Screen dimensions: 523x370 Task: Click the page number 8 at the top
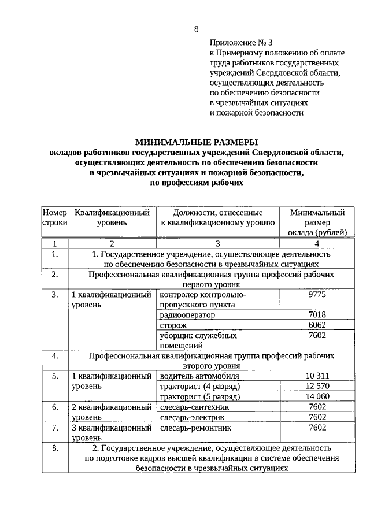point(196,29)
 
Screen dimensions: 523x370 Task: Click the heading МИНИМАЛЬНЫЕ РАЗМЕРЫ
point(196,142)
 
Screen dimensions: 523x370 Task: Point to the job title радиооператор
point(187,315)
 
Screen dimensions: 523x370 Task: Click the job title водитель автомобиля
point(198,376)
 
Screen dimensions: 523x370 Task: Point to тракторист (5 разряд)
point(199,397)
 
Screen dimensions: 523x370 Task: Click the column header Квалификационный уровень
point(112,217)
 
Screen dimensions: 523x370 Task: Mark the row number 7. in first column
point(54,428)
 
